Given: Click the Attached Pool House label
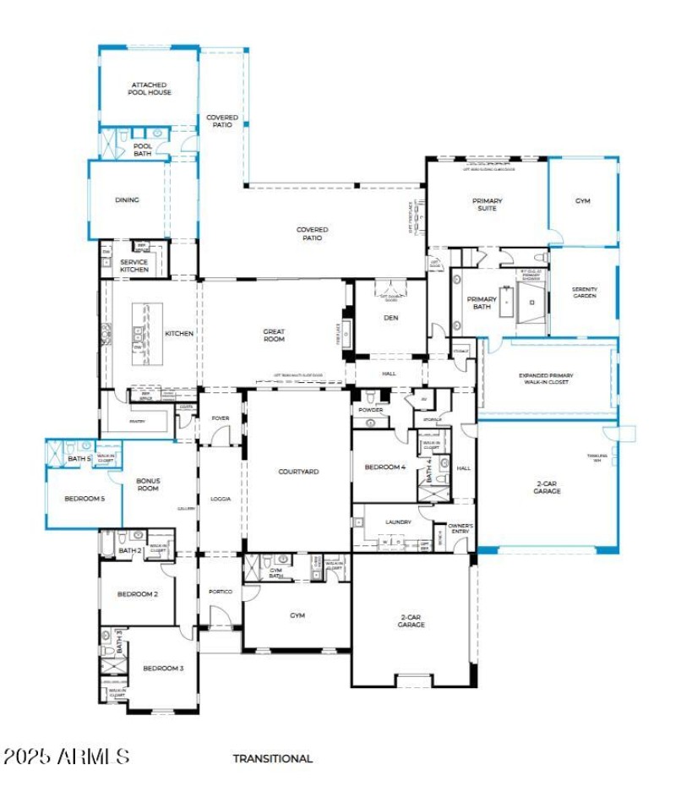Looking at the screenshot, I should tap(150, 89).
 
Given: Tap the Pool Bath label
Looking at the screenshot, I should tap(143, 150).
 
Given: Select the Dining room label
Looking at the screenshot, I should tap(127, 200).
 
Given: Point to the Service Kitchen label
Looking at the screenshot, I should tap(134, 265).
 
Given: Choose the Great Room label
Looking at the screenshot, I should tap(274, 336).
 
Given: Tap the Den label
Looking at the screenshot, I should tap(390, 318).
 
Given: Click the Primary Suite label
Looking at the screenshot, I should tap(487, 205).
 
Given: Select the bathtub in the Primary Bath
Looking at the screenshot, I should tap(506, 302).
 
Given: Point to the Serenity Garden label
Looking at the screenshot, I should tap(584, 292).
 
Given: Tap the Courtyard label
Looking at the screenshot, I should tap(299, 472).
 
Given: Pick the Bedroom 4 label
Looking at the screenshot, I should tap(384, 467).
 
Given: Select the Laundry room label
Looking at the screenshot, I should tap(397, 522).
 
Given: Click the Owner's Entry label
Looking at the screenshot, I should tap(460, 528).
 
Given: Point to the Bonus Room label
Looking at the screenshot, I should tap(148, 484).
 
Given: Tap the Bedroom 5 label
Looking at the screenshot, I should tap(84, 499).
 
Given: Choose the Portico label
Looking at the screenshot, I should tap(220, 592).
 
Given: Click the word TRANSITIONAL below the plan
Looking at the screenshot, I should tap(273, 758).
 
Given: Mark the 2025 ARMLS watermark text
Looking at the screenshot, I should tap(67, 756).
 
